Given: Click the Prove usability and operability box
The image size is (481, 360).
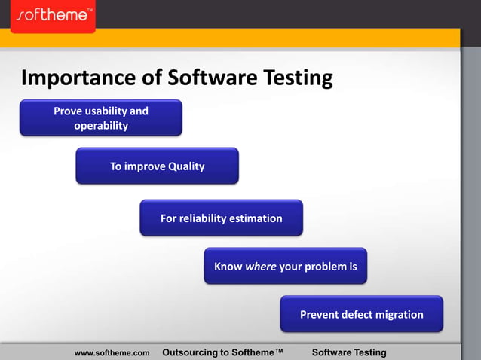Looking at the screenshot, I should [100, 118].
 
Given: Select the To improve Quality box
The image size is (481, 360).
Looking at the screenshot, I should [157, 166].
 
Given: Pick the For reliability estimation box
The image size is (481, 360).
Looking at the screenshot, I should [221, 218].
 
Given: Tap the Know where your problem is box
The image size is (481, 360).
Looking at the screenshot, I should [285, 266].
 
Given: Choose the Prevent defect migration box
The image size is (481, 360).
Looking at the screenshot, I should [361, 314].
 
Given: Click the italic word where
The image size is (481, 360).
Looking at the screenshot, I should [261, 266].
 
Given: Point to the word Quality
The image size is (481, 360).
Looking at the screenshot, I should [186, 166].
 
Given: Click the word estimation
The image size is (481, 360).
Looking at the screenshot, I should [256, 218].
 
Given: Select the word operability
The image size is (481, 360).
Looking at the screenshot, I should [100, 126].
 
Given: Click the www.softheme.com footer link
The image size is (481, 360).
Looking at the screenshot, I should [112, 352].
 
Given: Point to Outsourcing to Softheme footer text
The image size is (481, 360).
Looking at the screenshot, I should [222, 352].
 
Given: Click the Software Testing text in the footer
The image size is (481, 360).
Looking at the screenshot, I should [348, 352].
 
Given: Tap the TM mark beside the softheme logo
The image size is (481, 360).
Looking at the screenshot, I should [90, 10].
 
